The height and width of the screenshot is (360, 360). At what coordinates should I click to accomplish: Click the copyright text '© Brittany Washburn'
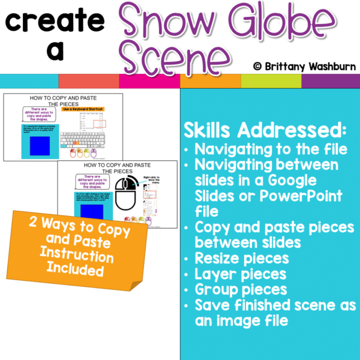tap(303, 65)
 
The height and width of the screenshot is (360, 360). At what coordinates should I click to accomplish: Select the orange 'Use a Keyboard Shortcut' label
tap(83, 110)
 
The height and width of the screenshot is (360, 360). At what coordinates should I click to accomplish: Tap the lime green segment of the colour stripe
tap(271, 81)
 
